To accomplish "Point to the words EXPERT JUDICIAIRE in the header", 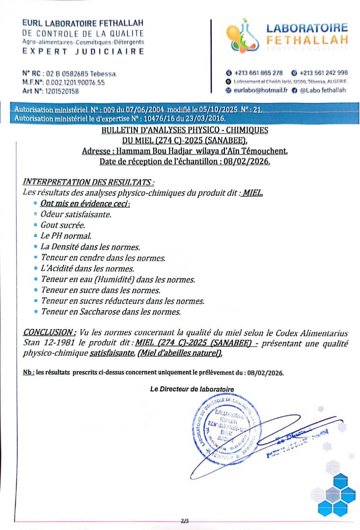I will [83, 52].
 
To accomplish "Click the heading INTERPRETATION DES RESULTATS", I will [84, 183].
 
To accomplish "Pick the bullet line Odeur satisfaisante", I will [76, 214].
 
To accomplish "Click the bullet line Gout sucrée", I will [63, 225].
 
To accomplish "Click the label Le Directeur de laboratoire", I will [192, 389].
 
